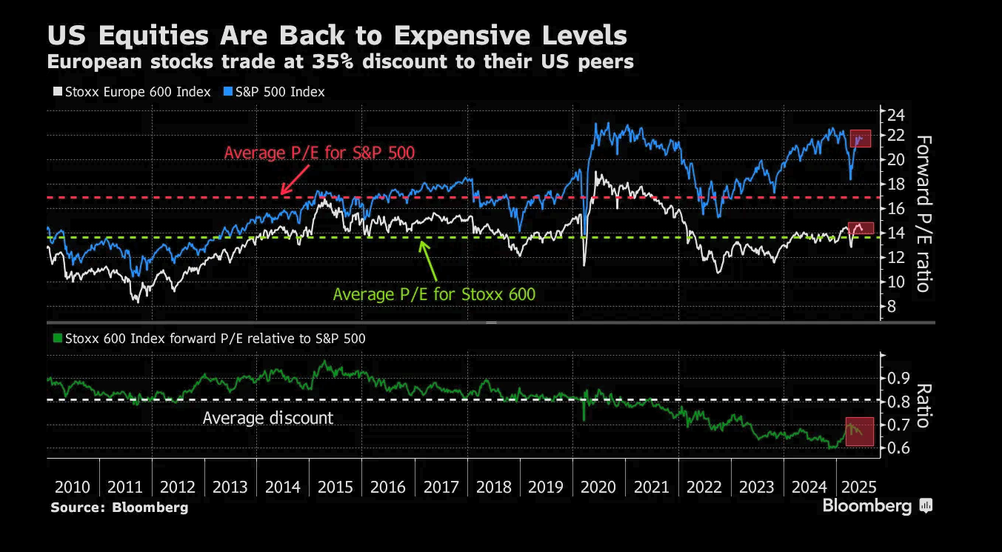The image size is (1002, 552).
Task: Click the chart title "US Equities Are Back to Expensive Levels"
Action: coord(337,35)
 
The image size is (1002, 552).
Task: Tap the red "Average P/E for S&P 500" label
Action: coord(319,153)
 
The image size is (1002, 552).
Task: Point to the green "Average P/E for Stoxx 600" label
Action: coord(433,294)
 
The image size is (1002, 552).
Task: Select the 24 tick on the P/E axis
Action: coord(897,115)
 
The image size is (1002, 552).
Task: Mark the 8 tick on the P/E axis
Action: coord(892,307)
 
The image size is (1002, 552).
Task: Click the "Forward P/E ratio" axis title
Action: coord(923,213)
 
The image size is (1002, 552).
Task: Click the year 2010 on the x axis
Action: coord(73,488)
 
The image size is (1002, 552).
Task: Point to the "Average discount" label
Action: coord(268,418)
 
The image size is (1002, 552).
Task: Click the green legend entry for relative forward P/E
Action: coord(209,339)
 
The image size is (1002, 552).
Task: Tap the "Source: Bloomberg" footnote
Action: coord(119,508)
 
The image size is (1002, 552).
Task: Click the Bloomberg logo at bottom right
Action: coord(877,506)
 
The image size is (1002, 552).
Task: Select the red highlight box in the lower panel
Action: coord(860,431)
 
